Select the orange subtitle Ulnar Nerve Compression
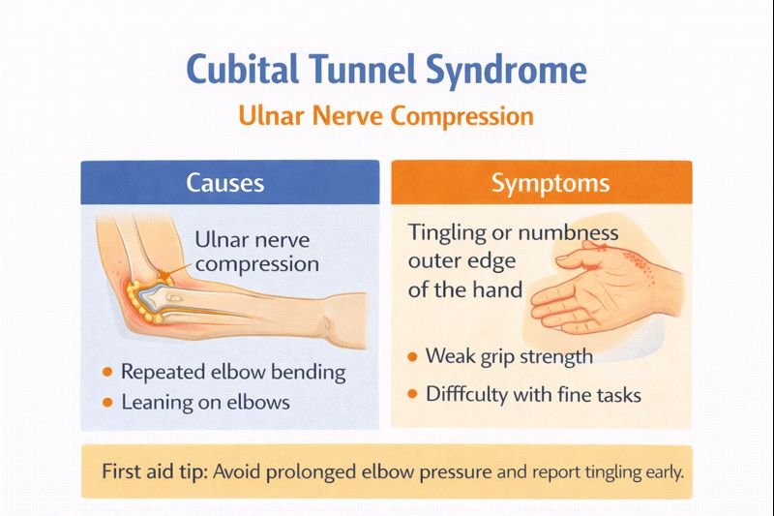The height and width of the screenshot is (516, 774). pos(386,116)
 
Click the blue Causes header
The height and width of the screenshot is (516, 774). pos(229,182)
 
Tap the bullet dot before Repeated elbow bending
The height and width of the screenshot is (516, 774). pos(105,373)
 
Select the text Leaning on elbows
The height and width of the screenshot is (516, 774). pos(205,401)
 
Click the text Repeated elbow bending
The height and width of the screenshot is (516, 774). pos(232,373)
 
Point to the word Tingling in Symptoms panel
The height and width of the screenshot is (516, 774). pos(447,233)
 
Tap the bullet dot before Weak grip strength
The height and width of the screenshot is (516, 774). pos(412,357)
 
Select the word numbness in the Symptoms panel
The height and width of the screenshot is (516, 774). pos(568,233)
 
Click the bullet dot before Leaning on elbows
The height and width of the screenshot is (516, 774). pos(105,401)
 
